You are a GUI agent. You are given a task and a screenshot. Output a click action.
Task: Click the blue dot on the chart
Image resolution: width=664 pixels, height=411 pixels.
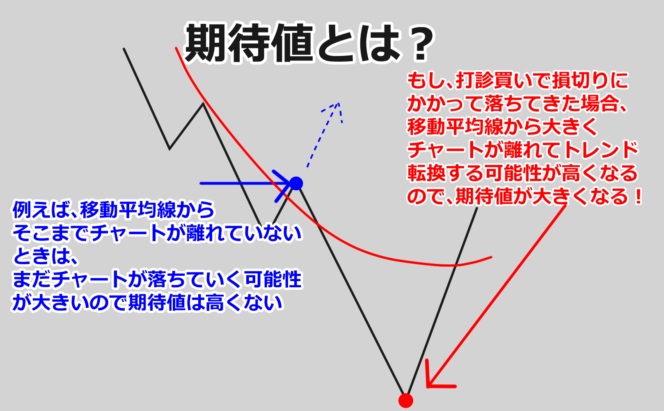[296, 183]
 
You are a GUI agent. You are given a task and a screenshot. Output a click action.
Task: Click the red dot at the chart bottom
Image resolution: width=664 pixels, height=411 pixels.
[405, 401]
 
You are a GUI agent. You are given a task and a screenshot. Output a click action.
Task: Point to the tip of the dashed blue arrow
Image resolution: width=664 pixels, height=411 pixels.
[338, 103]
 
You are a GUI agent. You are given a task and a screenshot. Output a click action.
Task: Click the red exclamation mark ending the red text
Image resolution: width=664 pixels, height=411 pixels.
[637, 196]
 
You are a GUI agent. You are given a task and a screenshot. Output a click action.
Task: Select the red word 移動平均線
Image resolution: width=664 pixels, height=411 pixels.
[456, 127]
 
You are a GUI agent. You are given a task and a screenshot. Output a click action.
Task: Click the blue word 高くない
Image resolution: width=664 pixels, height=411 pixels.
[243, 302]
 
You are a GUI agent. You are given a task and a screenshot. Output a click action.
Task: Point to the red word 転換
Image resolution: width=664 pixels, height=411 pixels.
[426, 173]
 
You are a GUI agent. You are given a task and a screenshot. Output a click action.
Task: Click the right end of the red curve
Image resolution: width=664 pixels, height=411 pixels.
[491, 257]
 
